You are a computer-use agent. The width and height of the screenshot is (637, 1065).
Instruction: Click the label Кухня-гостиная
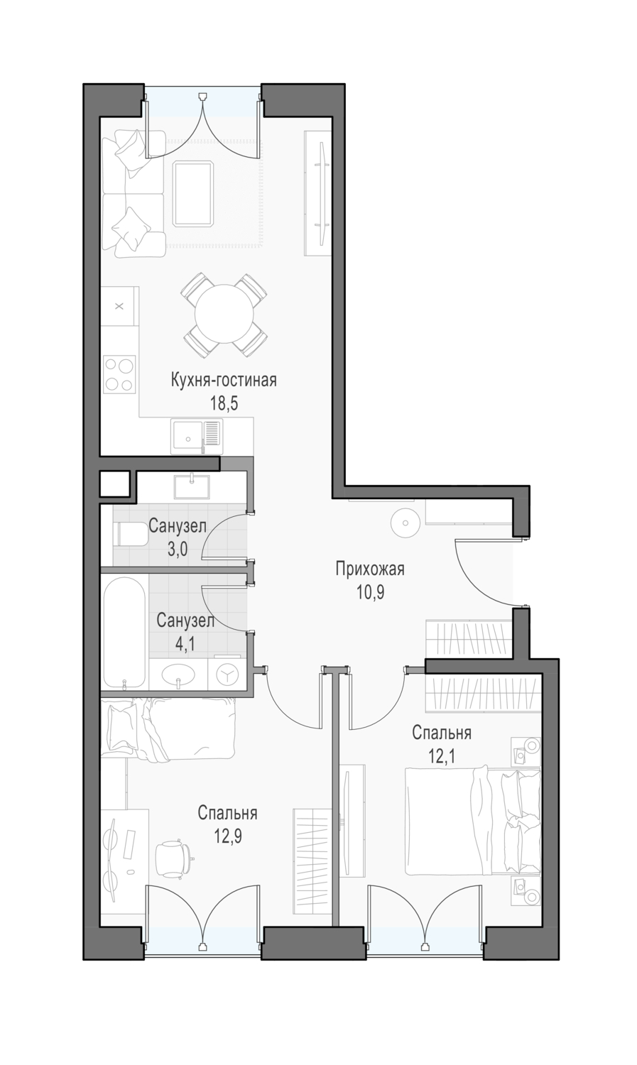pos(224,381)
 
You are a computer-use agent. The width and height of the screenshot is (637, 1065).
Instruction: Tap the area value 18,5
pos(224,404)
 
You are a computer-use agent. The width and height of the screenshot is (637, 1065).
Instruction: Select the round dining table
pos(224,315)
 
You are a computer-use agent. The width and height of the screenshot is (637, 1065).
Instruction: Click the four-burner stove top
pos(119,373)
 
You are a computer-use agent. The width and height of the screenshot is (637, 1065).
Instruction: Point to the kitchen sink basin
pos(187,435)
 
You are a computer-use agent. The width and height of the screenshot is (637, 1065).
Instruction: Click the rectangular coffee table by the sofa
pos(193,194)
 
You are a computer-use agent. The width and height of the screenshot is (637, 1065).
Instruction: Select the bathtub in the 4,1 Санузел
pos(124,633)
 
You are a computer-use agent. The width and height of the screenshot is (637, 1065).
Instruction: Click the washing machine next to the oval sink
pos(227,671)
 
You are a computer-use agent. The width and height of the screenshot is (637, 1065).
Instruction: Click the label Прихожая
pos(370,569)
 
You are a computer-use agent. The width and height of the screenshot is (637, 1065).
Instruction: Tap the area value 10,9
pos(370,592)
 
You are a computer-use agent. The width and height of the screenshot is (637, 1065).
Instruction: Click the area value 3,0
pos(178,549)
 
